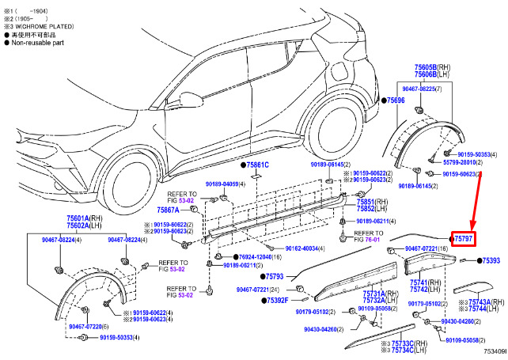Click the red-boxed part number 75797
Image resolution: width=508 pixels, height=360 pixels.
click(x=463, y=238)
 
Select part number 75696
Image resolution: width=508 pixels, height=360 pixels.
click(x=395, y=101)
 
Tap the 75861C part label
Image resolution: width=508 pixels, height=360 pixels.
click(x=256, y=165)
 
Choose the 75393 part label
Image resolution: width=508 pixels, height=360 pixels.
click(x=491, y=260)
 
